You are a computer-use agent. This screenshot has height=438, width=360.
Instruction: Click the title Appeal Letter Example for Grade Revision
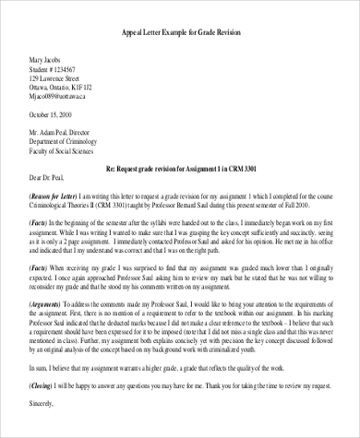click(181, 31)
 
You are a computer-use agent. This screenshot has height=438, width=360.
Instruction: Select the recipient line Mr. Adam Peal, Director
click(69, 135)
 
